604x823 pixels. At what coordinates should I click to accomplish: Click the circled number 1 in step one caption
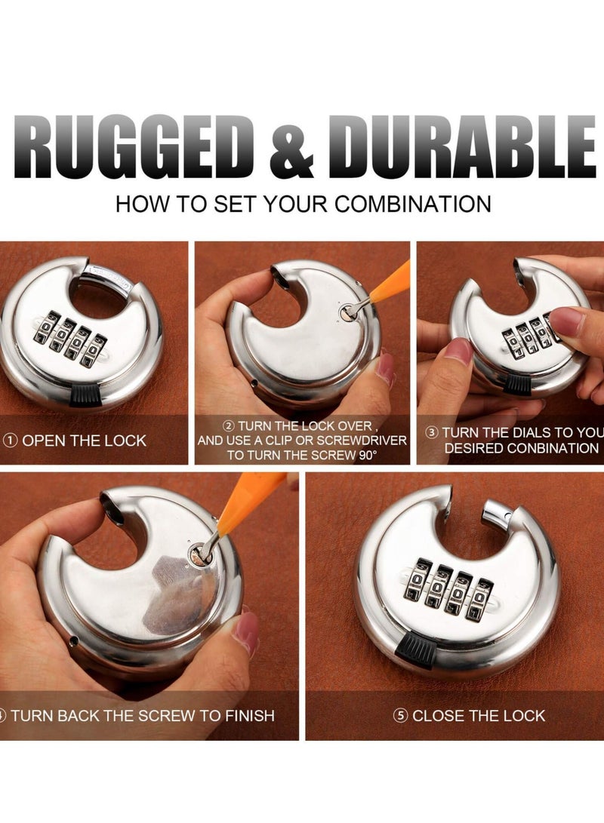[11, 441]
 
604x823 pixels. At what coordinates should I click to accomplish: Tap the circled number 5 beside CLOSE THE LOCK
[400, 715]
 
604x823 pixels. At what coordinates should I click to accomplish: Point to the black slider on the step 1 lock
[88, 393]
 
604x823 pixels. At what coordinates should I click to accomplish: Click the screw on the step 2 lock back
[346, 315]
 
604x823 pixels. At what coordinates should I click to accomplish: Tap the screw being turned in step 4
[199, 557]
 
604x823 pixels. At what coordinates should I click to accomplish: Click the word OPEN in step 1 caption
[42, 441]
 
